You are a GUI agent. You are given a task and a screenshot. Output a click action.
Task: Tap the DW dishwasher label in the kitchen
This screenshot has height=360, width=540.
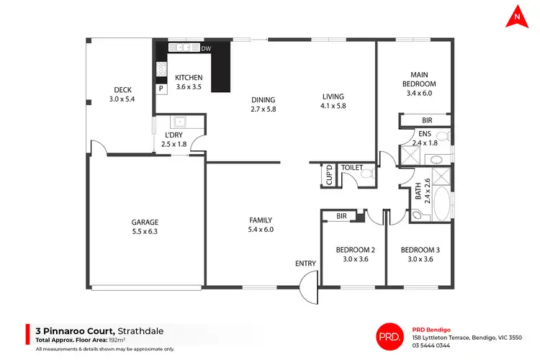point(206,49)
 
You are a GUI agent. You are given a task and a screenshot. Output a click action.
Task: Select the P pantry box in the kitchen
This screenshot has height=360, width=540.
point(161,89)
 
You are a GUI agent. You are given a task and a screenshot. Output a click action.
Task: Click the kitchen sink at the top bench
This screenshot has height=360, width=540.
point(183,48)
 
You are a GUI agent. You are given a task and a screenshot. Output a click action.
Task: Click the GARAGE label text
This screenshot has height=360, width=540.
point(145,222)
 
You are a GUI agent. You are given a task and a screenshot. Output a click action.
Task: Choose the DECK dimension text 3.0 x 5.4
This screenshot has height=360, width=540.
point(122,99)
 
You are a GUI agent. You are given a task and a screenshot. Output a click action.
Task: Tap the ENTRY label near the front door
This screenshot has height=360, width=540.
point(305,264)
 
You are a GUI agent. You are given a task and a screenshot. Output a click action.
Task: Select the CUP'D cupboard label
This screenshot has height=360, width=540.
point(329,174)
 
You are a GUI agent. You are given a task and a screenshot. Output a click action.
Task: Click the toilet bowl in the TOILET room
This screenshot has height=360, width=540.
point(366,174)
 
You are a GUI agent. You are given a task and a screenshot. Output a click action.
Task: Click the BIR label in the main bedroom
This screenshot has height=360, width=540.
point(427,120)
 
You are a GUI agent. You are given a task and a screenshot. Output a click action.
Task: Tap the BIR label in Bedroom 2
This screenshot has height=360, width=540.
point(342,215)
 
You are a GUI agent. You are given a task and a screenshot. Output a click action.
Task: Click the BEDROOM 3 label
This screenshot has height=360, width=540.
point(420,250)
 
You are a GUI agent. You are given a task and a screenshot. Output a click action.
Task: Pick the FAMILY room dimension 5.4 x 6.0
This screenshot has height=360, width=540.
point(260,230)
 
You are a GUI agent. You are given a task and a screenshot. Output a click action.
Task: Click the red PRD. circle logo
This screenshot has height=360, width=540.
point(390,336)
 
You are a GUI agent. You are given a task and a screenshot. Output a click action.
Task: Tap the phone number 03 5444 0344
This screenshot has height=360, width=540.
point(433,346)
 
